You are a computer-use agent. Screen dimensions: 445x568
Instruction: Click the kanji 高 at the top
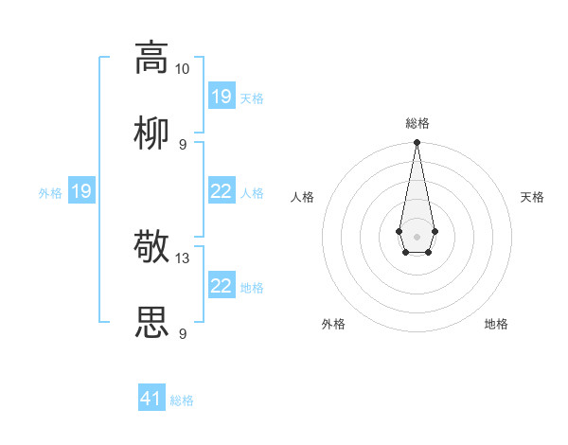[151, 57]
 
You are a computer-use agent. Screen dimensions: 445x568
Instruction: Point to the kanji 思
[151, 323]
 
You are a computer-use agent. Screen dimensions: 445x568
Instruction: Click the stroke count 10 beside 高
[183, 69]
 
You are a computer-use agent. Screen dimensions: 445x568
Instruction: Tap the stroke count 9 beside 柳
[183, 145]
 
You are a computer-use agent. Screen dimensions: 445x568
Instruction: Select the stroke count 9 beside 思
[183, 334]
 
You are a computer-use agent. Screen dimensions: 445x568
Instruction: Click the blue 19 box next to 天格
[222, 97]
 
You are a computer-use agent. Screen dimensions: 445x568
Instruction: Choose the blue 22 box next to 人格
[222, 191]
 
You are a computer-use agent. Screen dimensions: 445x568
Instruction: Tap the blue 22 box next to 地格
[222, 286]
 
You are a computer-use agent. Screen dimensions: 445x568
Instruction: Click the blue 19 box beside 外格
[81, 191]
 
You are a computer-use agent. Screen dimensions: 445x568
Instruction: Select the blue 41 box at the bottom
[151, 399]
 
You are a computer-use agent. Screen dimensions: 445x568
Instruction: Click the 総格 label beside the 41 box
[182, 400]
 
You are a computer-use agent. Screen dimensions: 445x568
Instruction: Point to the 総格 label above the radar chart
[417, 123]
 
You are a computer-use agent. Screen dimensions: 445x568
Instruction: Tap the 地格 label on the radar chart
[496, 324]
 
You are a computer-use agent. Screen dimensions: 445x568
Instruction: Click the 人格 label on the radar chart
[303, 197]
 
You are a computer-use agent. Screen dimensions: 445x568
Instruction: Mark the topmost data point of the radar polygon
[417, 142]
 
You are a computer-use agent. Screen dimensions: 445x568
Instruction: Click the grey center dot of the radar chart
[417, 235]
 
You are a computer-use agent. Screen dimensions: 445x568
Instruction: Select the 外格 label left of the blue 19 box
[50, 193]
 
